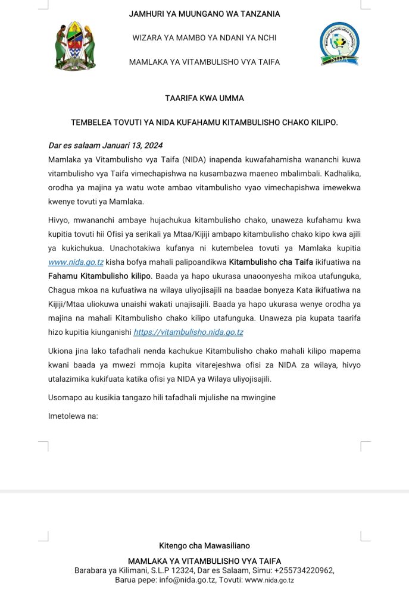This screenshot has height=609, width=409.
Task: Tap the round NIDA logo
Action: coord(339,43)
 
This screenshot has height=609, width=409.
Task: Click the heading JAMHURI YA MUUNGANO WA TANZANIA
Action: coord(204,14)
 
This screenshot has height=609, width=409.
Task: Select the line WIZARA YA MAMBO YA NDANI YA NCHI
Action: coord(204,38)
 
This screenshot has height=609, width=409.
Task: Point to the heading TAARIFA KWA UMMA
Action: coord(204,98)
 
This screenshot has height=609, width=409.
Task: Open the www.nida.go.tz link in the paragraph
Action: coord(76,262)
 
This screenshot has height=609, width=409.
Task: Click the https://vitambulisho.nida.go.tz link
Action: coord(188,332)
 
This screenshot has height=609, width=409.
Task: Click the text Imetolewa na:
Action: coord(73,416)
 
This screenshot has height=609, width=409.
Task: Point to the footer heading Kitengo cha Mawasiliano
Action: coord(204,545)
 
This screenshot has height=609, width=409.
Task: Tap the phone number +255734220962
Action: coord(303,570)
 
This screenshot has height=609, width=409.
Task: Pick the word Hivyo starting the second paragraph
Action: coord(58,219)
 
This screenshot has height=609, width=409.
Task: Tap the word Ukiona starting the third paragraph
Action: coord(61,351)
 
